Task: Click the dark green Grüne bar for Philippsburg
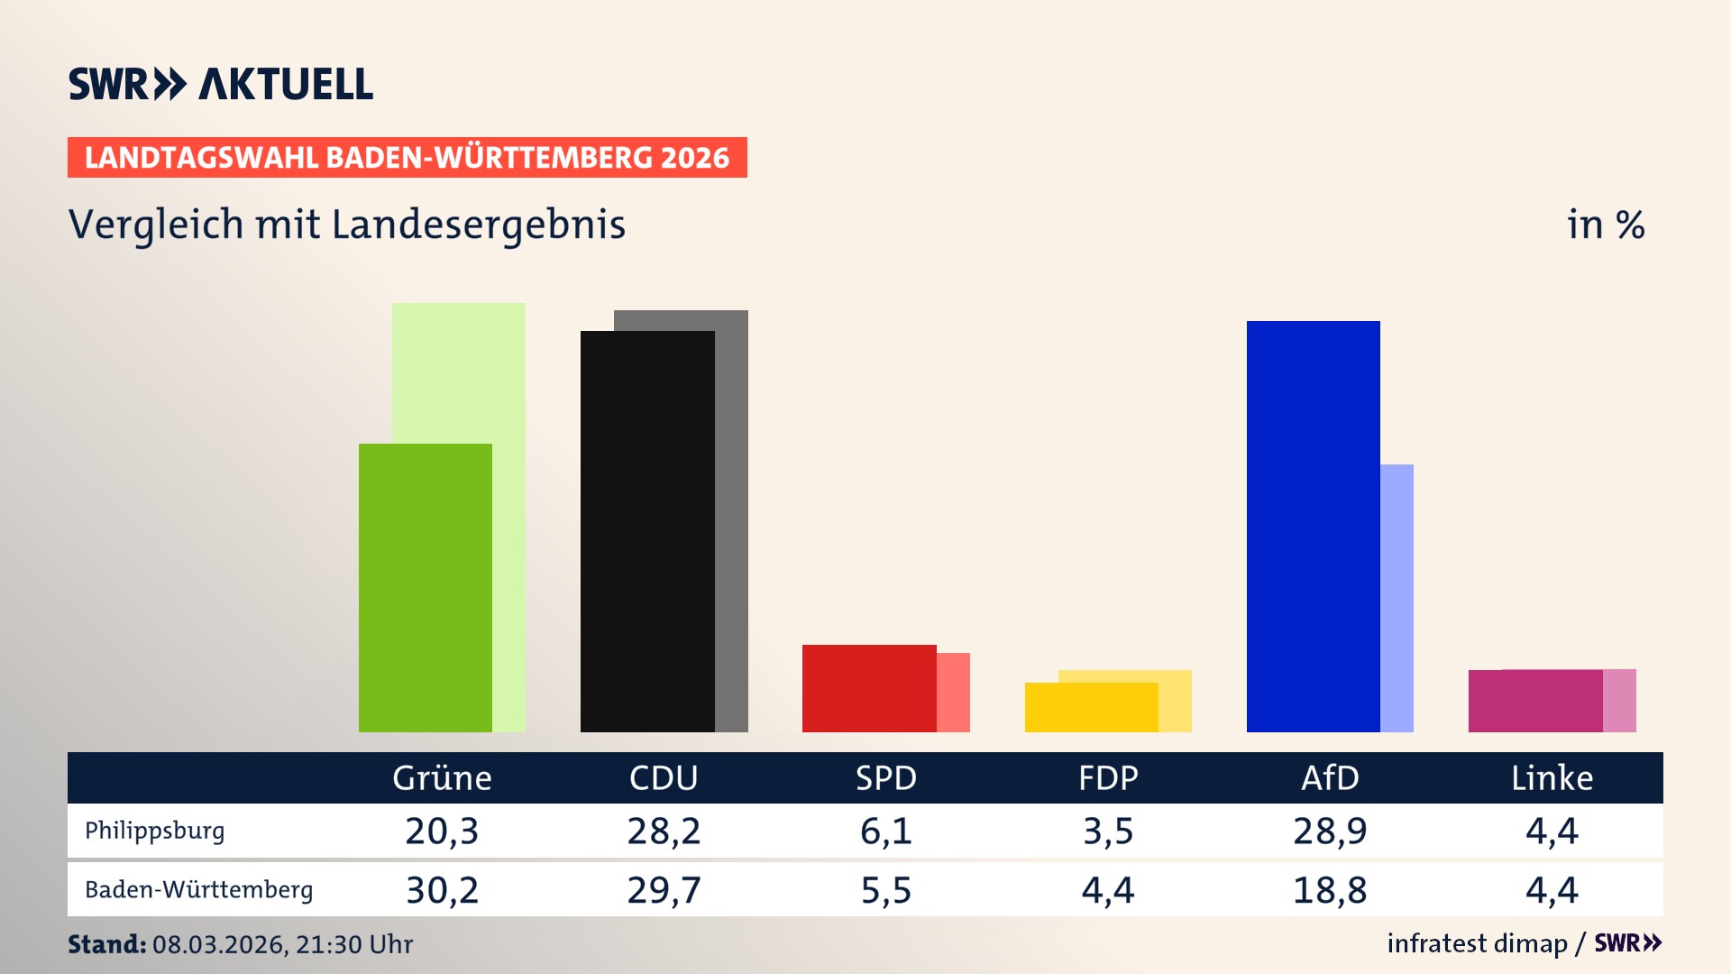[x=425, y=587]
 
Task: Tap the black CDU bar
[x=647, y=531]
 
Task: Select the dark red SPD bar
[x=869, y=688]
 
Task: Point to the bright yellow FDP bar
[x=1091, y=707]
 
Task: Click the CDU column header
[x=664, y=778]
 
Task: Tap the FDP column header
[x=1108, y=778]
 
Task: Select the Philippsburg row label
[x=154, y=831]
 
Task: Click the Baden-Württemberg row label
[x=198, y=890]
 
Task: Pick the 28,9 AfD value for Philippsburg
[x=1330, y=831]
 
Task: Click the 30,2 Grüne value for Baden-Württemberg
[x=442, y=890]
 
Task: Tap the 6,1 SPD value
[x=885, y=831]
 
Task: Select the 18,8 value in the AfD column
[x=1330, y=890]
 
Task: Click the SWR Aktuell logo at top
[x=220, y=84]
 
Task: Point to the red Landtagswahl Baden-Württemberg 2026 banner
[x=407, y=158]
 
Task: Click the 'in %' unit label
[x=1605, y=225]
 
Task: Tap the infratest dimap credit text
[x=1477, y=943]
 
